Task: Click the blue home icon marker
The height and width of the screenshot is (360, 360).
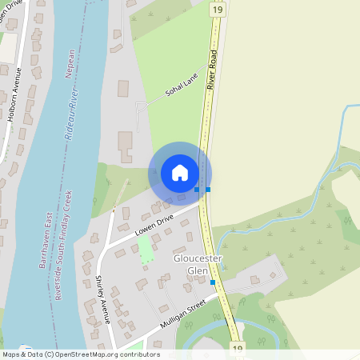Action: point(179,172)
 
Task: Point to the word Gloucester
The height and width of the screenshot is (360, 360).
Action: point(196,260)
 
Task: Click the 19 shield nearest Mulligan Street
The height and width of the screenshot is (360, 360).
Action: point(238,349)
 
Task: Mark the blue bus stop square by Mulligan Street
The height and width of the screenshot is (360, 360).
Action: point(213,282)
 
